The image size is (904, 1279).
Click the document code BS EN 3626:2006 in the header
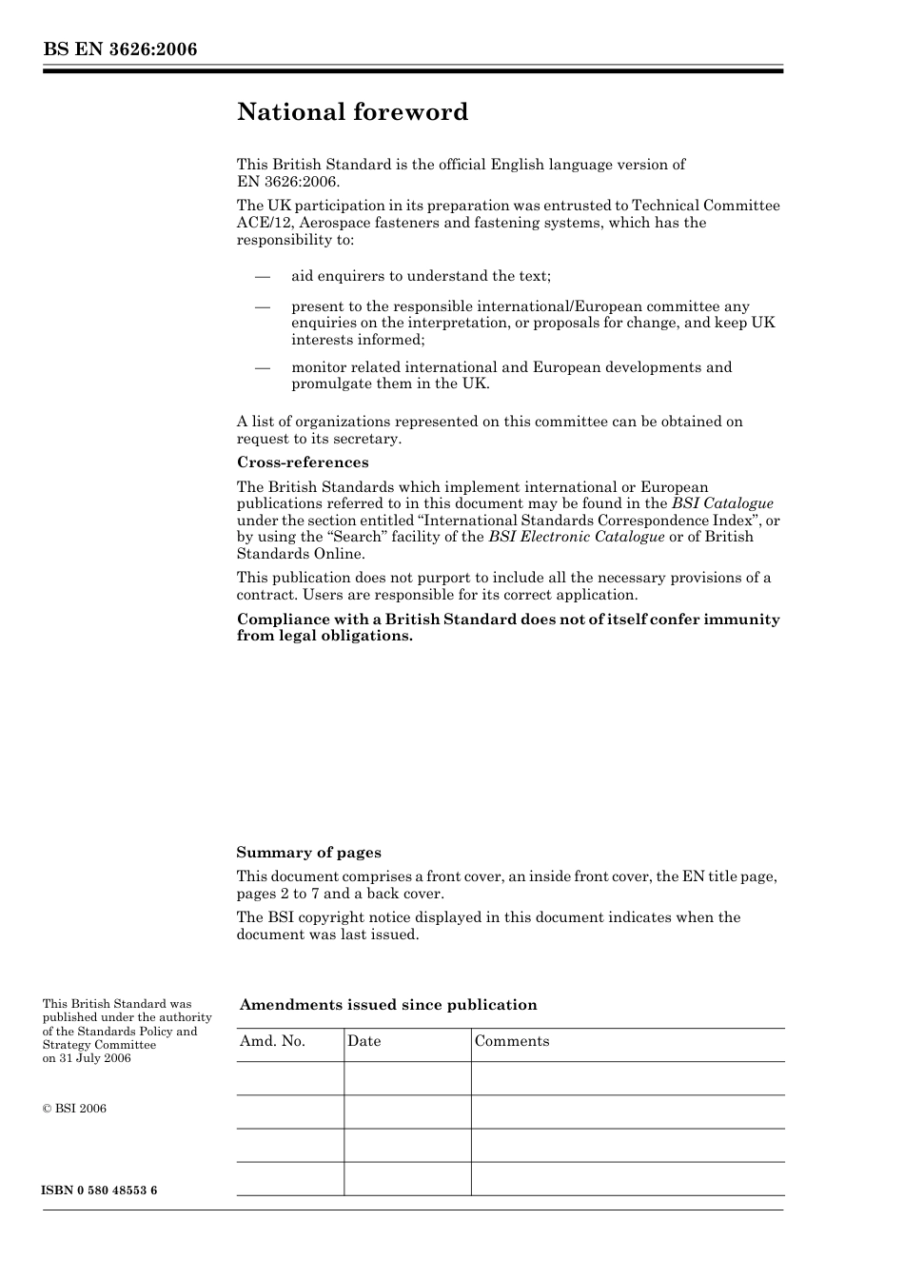(x=120, y=49)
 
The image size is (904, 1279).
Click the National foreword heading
(x=352, y=112)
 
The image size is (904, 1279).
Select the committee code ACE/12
(x=263, y=223)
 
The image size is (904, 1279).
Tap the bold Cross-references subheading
(x=303, y=462)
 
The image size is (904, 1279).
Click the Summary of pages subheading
(x=308, y=853)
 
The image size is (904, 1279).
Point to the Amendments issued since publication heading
(x=388, y=1005)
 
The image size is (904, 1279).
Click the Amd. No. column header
(x=272, y=1041)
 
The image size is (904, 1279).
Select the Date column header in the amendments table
(x=364, y=1041)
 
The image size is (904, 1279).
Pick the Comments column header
(x=512, y=1041)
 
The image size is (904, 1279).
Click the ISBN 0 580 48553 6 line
(x=100, y=1190)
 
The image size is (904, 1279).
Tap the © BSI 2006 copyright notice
(x=74, y=1109)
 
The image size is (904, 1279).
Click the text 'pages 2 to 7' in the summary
(x=278, y=894)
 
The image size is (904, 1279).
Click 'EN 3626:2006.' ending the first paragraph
(x=287, y=181)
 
